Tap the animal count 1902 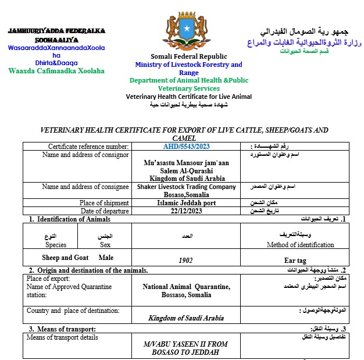(x=185, y=261)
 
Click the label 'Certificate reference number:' (x=88, y=147)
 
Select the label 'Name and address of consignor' (x=85, y=155)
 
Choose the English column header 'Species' (x=56, y=245)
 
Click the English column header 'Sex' (x=105, y=245)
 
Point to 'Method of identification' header (x=300, y=245)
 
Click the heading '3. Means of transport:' (x=62, y=329)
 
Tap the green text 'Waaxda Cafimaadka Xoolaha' (x=56, y=71)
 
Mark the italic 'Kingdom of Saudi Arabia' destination (x=186, y=318)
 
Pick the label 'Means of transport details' (x=62, y=337)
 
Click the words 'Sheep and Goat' (x=65, y=257)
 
